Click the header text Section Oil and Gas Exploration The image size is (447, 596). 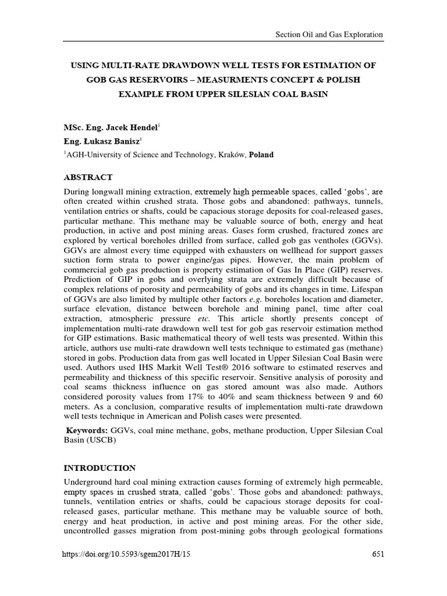point(329,34)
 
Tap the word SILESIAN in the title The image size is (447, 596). point(251,94)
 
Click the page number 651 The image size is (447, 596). point(377,555)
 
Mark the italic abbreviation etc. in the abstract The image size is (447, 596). point(208,319)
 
